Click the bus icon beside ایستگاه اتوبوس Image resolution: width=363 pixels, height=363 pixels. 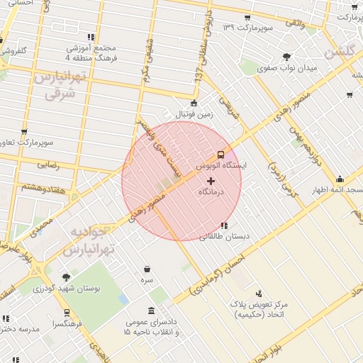(x=220, y=155)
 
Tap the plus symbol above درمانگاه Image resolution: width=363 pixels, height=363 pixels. (x=210, y=181)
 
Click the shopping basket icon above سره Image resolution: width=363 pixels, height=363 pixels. (x=147, y=269)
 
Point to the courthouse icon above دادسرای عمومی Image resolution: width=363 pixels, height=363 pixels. (x=152, y=311)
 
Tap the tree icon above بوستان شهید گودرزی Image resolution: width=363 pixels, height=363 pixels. (x=67, y=277)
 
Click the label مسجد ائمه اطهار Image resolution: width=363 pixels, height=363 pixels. (x=337, y=190)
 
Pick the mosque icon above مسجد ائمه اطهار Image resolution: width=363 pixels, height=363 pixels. (x=340, y=179)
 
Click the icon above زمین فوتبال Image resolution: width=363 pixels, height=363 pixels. (x=194, y=104)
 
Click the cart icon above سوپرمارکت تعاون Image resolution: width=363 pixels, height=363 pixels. (x=25, y=132)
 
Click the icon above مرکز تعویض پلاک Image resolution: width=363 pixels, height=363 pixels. (x=259, y=293)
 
